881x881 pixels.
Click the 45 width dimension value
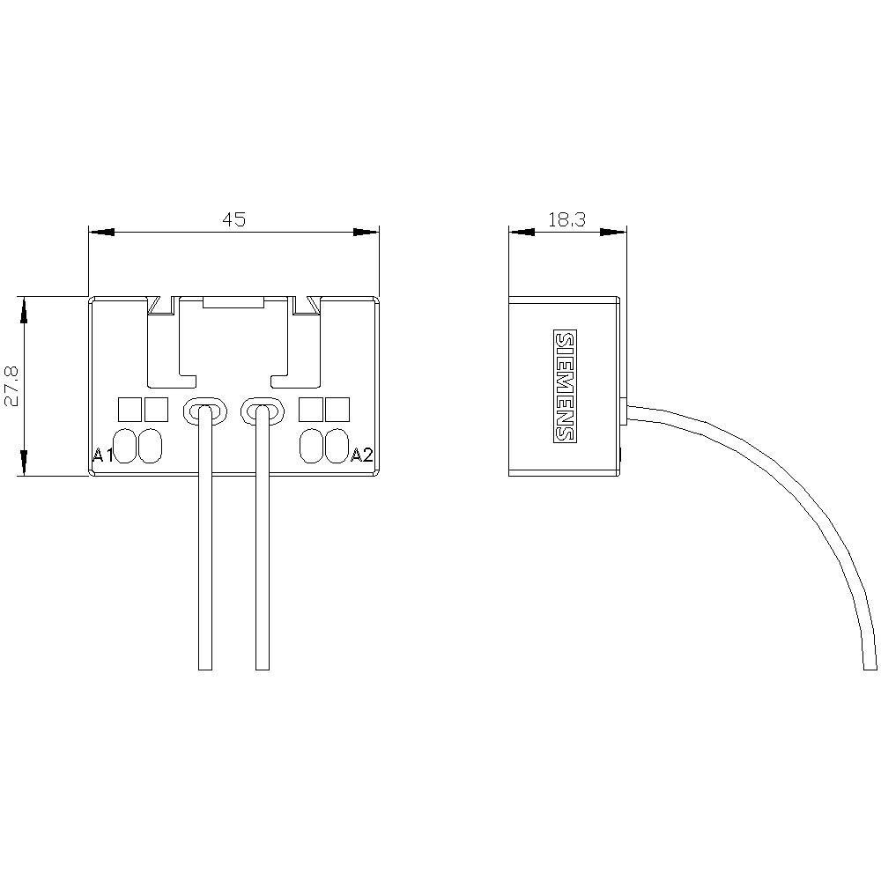click(x=233, y=219)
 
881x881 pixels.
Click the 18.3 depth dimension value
click(x=566, y=219)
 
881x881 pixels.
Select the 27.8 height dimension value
click(x=11, y=386)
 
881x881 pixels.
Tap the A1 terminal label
click(x=103, y=455)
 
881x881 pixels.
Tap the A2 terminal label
click(x=362, y=455)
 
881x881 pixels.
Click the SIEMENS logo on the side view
click(x=564, y=386)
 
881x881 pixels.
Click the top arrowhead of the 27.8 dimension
click(x=24, y=309)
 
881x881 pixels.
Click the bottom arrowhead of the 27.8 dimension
click(x=24, y=463)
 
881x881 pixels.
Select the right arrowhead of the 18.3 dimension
click(x=614, y=233)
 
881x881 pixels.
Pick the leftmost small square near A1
click(x=130, y=409)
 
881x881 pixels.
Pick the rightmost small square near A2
click(x=337, y=409)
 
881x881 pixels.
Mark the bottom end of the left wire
click(x=205, y=667)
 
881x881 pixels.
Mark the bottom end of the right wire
click(x=262, y=667)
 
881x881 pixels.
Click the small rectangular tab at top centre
click(x=233, y=301)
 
